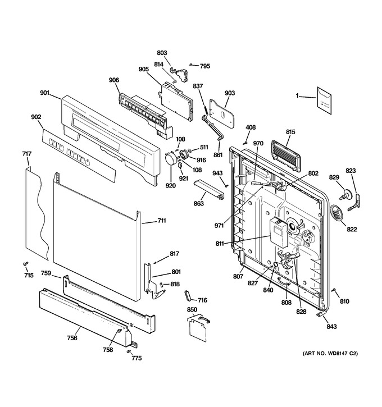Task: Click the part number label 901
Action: pyautogui.click(x=44, y=93)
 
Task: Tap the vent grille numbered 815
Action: pyautogui.click(x=285, y=156)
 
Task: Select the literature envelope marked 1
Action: pyautogui.click(x=324, y=100)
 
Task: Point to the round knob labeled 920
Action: pyautogui.click(x=171, y=158)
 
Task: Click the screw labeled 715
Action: pyautogui.click(x=25, y=264)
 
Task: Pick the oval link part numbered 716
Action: pyautogui.click(x=188, y=296)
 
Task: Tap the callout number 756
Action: pyautogui.click(x=72, y=338)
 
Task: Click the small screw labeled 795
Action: pyautogui.click(x=191, y=65)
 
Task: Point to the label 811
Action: pyautogui.click(x=220, y=244)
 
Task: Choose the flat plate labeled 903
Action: pyautogui.click(x=222, y=113)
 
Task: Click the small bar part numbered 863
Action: pyautogui.click(x=209, y=190)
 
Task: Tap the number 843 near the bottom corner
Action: pyautogui.click(x=331, y=327)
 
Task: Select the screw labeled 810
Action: pyautogui.click(x=334, y=290)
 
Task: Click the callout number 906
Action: pyautogui.click(x=113, y=80)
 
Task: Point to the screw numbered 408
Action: pyautogui.click(x=244, y=143)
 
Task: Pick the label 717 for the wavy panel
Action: pyautogui.click(x=27, y=154)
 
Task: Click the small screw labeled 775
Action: pyautogui.click(x=128, y=351)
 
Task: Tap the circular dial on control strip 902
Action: pyautogui.click(x=88, y=163)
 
